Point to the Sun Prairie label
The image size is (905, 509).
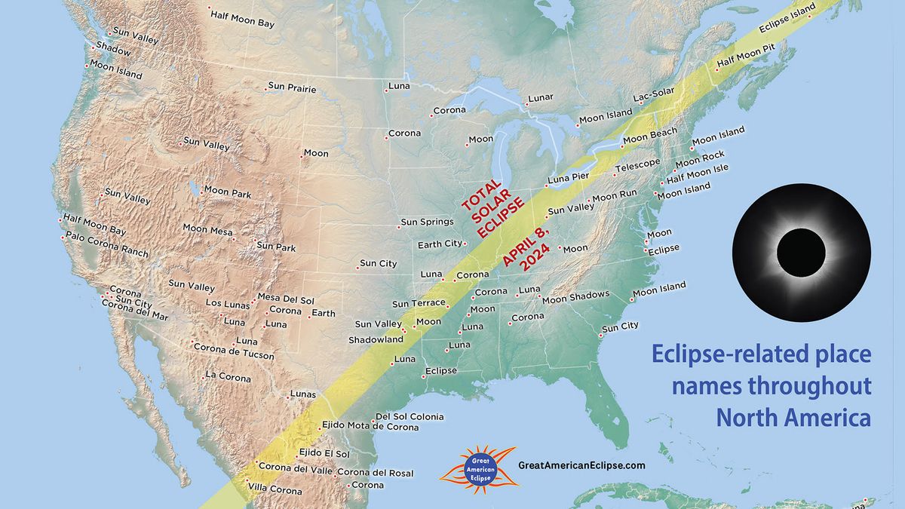click(x=293, y=89)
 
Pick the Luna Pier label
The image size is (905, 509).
click(x=568, y=178)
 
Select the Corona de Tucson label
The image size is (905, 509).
click(x=234, y=348)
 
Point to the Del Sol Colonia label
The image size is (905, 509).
click(x=410, y=416)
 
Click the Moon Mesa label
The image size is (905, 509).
click(x=207, y=228)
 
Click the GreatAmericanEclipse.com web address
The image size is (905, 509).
click(x=581, y=466)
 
